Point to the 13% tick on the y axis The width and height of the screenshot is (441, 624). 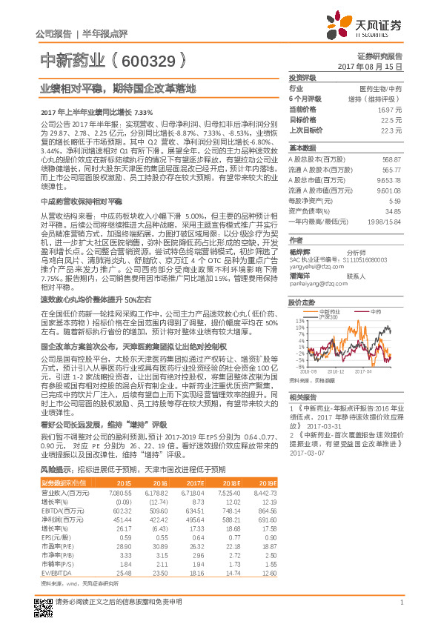(299, 320)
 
